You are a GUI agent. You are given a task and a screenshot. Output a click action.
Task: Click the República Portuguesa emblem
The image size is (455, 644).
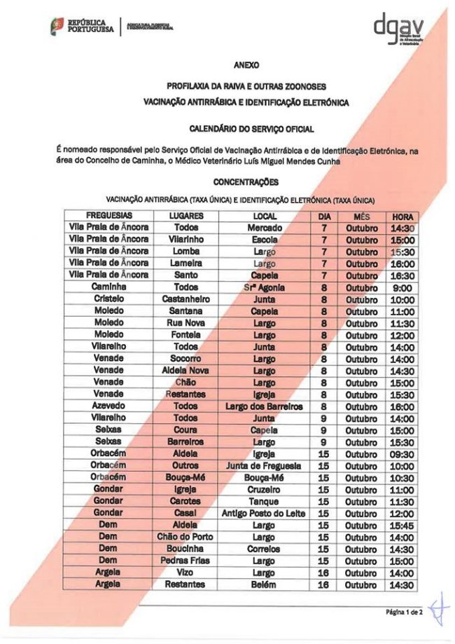click(x=56, y=27)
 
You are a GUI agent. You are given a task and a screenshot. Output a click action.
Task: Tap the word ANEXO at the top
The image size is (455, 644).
click(x=246, y=65)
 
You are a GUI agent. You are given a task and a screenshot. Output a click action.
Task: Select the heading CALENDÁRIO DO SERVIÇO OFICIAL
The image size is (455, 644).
click(x=246, y=129)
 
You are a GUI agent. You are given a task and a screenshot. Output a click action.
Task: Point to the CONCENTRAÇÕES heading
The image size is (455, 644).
click(x=246, y=182)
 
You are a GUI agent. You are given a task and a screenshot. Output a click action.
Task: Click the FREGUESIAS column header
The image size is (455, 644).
click(x=108, y=216)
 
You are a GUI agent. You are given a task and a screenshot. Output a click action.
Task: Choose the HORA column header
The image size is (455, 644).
click(x=402, y=216)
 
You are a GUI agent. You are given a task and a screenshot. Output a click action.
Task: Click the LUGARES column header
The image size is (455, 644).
click(x=185, y=216)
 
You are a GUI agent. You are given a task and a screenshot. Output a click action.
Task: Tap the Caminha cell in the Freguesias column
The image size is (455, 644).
click(x=108, y=287)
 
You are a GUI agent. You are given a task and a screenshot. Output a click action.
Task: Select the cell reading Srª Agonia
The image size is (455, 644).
click(x=264, y=287)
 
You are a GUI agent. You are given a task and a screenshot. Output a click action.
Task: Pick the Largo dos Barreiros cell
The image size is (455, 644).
click(x=264, y=406)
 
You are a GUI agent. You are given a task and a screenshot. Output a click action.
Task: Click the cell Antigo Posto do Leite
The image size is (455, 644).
click(x=264, y=514)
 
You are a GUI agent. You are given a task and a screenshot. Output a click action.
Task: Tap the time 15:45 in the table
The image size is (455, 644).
click(x=402, y=526)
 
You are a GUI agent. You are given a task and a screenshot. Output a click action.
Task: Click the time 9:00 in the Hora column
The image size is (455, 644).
click(x=402, y=287)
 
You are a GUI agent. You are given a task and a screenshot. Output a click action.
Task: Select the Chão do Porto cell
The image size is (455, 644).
click(x=185, y=537)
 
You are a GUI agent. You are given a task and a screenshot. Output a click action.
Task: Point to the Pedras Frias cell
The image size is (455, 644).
click(x=185, y=561)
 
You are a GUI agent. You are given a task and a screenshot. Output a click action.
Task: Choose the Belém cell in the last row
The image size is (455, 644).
click(x=264, y=585)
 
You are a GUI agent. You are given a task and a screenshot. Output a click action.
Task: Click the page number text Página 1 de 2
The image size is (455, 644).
click(x=404, y=612)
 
